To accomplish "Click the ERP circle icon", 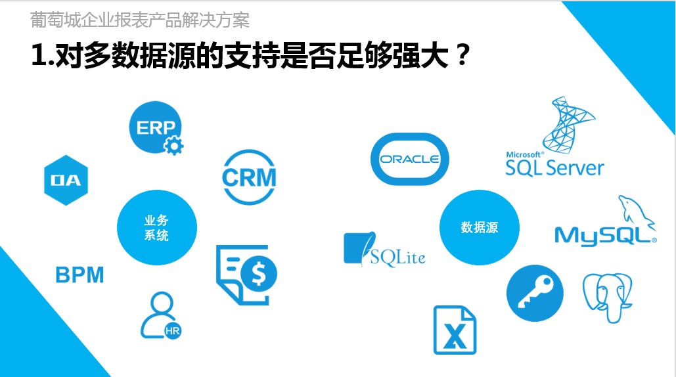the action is [155, 127].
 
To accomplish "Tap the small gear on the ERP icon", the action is [173, 145].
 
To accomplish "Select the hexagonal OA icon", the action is [67, 179].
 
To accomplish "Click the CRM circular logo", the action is [249, 177].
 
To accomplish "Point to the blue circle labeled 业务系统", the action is [156, 227].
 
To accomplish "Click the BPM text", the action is [79, 275].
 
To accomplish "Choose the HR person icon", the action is [160, 315].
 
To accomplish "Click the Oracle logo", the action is [409, 160].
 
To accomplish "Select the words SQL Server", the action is [554, 167].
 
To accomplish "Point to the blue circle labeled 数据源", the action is [479, 227].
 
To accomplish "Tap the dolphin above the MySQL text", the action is [633, 211].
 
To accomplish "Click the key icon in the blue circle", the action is [535, 293].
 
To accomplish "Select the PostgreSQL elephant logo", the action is [608, 296].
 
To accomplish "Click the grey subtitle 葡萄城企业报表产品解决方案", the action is [140, 20].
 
